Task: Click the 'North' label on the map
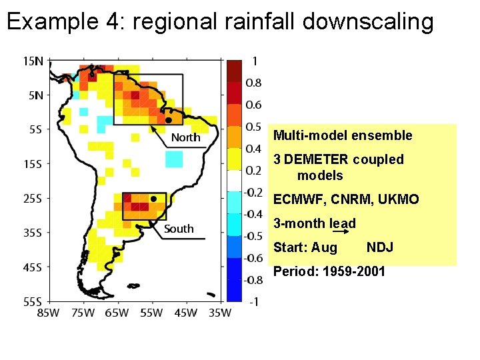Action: point(186,137)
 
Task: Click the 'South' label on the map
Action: point(179,229)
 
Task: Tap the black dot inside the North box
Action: point(169,120)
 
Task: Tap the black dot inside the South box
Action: point(154,199)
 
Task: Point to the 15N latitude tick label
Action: point(33,61)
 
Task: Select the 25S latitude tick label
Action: point(33,199)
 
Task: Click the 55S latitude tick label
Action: point(33,302)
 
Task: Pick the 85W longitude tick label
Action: point(49,313)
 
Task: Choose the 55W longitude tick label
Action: point(151,313)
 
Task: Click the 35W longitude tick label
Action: point(220,313)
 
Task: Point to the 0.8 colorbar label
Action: point(253,83)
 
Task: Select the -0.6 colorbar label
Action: point(253,258)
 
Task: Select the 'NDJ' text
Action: point(380,247)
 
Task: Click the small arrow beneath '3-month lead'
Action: point(341,231)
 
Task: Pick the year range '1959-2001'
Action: point(354,271)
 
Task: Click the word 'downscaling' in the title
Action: point(368,21)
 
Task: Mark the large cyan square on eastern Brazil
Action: point(174,159)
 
